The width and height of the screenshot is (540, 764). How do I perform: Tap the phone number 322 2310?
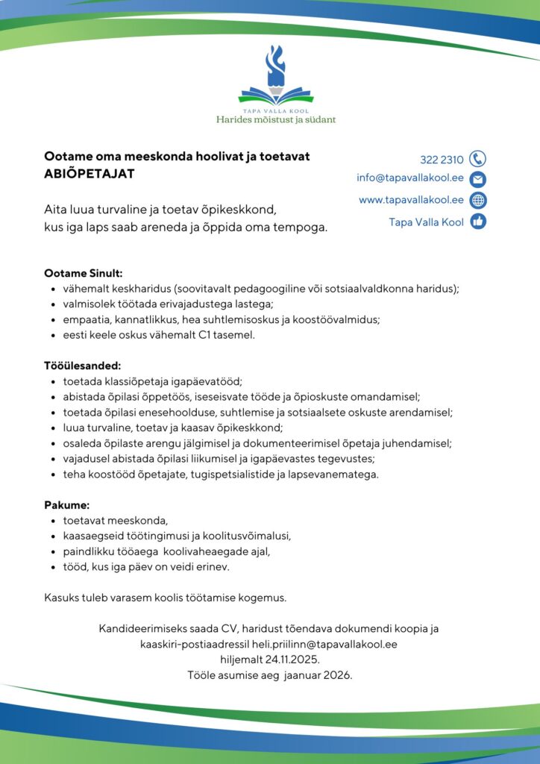tap(442, 160)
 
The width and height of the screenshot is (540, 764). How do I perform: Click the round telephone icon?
tap(478, 159)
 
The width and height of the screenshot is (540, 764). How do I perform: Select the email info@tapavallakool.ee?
tap(410, 178)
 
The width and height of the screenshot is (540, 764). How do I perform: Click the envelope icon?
tap(478, 179)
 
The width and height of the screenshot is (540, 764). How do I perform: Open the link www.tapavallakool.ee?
tap(411, 200)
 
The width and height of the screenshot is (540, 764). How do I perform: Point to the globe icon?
tap(478, 200)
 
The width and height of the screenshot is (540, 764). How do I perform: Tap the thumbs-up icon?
tap(478, 222)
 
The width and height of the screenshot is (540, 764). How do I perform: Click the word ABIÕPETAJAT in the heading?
tap(90, 173)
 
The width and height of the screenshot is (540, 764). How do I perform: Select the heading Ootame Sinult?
tap(83, 274)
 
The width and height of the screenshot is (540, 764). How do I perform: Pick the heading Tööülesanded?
tap(82, 366)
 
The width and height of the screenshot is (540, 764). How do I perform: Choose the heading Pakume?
tap(66, 505)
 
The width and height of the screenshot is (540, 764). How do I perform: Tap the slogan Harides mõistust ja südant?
tap(275, 119)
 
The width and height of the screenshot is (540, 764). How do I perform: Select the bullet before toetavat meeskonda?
tap(53, 521)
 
